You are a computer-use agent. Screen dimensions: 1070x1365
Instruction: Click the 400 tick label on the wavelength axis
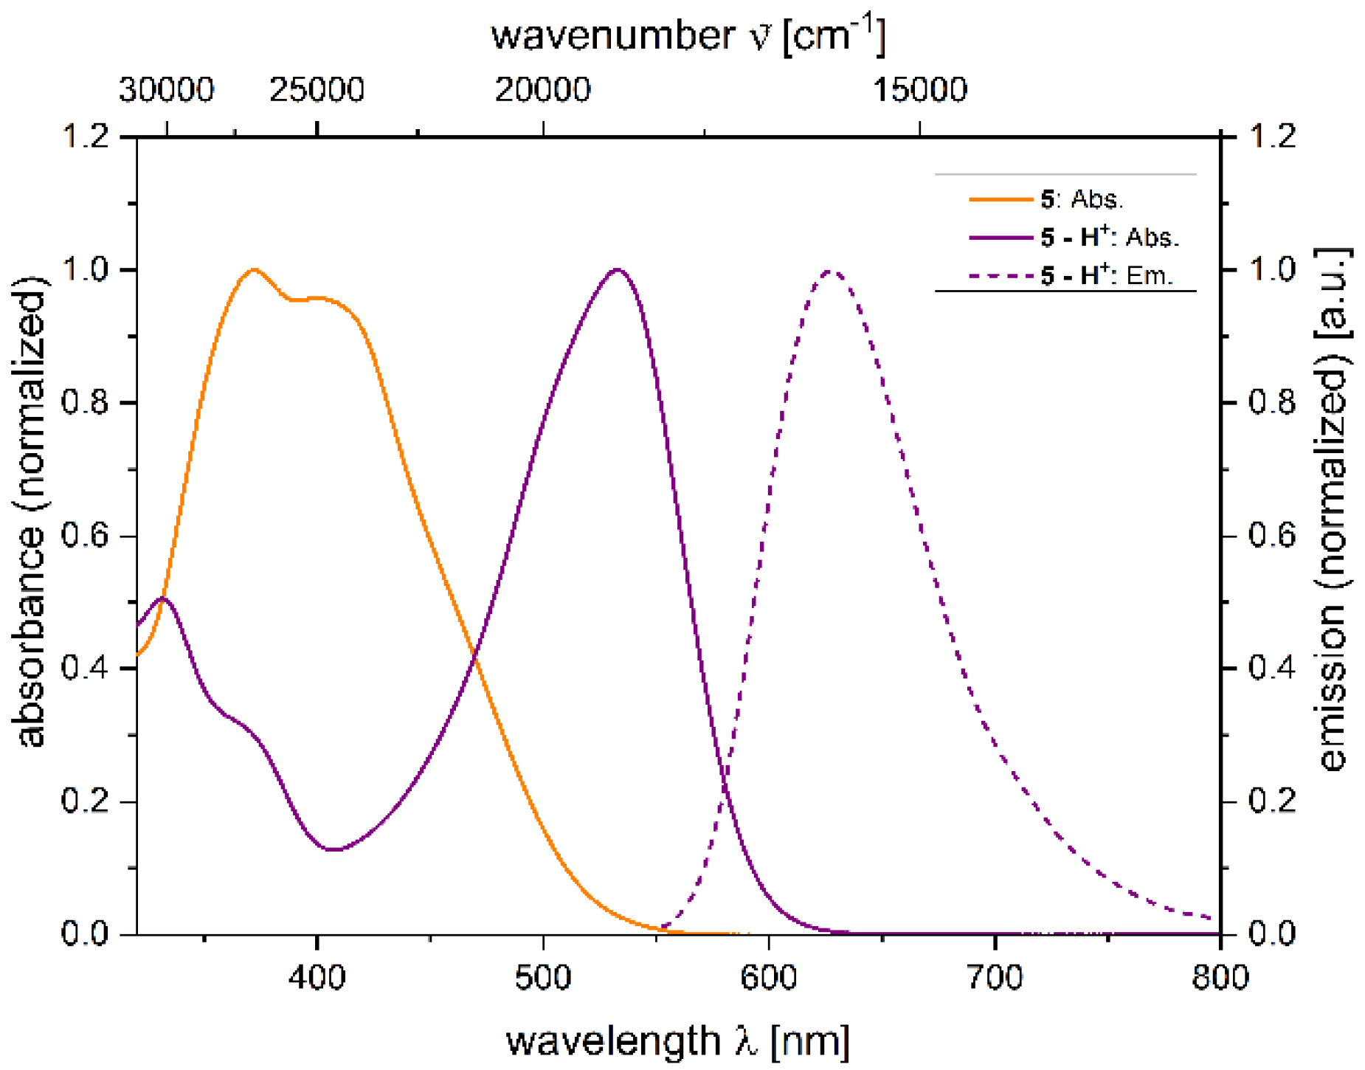[x=317, y=977]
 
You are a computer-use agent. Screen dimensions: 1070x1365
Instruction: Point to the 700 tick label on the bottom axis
[x=995, y=977]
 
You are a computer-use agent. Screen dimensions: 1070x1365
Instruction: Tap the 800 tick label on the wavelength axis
[x=1220, y=977]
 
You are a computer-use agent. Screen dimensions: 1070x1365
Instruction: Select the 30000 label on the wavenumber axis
[x=166, y=90]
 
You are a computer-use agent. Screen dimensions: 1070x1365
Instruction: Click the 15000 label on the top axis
[x=919, y=90]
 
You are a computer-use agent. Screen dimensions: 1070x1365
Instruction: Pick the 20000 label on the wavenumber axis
[x=542, y=90]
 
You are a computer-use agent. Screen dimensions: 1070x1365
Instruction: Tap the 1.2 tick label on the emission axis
[x=1272, y=136]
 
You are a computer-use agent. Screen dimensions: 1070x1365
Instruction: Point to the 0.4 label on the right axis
[x=1272, y=668]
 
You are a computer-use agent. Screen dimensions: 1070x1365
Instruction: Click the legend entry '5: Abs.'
[x=1082, y=199]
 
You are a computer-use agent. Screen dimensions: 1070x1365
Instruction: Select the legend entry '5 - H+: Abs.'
[x=1109, y=237]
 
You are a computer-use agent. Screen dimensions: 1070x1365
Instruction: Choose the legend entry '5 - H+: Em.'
[x=1106, y=275]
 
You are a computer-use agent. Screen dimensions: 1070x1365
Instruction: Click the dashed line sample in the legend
[x=1001, y=276]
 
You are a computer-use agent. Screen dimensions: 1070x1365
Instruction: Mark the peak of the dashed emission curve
[x=831, y=271]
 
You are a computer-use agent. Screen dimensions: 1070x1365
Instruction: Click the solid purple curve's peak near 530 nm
[x=618, y=269]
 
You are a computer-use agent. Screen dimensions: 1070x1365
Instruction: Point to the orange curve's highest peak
[x=254, y=269]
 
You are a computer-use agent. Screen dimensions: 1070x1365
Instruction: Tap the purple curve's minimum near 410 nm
[x=334, y=849]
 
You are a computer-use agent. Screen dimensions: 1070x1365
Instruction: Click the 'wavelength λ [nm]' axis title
[x=677, y=1040]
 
